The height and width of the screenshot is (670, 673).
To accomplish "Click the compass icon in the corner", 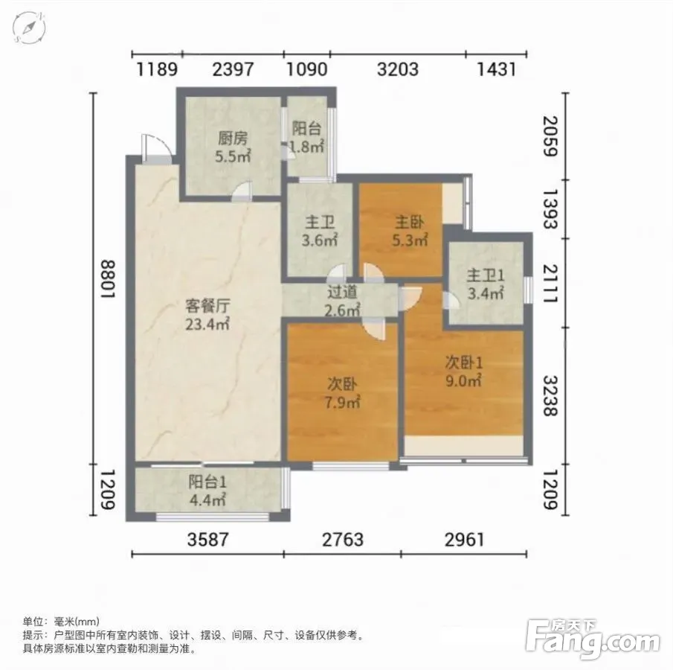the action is (x=29, y=27).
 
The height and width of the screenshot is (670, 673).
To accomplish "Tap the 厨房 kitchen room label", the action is (x=233, y=138).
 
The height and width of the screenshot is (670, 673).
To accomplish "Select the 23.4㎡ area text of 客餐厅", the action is (x=207, y=324).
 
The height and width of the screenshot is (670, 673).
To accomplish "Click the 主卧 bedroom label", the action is (x=410, y=222).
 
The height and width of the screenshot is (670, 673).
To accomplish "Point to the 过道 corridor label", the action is (x=342, y=293).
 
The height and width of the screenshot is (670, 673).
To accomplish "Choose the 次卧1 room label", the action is (x=463, y=363).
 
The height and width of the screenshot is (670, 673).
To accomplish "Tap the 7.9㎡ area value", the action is (x=342, y=402).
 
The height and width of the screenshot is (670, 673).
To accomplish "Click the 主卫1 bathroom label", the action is (x=486, y=275).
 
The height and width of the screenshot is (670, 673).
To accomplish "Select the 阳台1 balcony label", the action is (x=207, y=482).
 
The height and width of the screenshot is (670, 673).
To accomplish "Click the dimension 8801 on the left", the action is (x=108, y=279).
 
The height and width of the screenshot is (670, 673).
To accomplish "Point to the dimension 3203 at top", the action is (x=397, y=69).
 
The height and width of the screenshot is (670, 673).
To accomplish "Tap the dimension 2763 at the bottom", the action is (x=343, y=540).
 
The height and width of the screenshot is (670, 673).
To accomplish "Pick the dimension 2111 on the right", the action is (x=551, y=284).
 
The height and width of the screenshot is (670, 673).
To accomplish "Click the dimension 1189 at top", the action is (x=157, y=69).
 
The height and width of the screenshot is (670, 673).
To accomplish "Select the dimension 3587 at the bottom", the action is (x=208, y=540).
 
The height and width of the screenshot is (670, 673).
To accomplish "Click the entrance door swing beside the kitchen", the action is (x=156, y=148).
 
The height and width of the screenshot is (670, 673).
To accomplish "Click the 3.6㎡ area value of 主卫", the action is (x=320, y=240).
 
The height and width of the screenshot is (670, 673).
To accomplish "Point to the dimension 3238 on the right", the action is (x=551, y=396).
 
